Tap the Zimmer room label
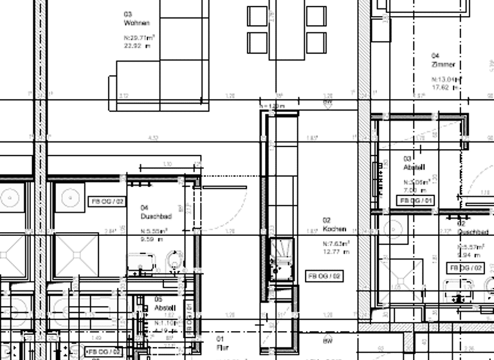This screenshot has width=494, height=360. coord(444,64)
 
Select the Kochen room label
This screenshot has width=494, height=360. coord(334,229)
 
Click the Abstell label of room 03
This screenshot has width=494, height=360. coord(414,167)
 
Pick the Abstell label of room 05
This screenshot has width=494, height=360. coord(165,309)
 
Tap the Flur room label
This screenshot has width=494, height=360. coord(223,347)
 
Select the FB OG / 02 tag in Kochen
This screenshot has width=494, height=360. coord(324,276)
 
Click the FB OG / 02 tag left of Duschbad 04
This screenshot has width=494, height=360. coord(106,201)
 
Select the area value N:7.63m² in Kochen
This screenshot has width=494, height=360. coord(336,244)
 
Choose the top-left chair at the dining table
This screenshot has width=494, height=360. coord(258,16)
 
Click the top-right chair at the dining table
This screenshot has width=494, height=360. coord(316,16)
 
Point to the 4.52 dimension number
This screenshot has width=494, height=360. coord(153,138)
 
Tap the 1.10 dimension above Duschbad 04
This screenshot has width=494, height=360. coord(167,165)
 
